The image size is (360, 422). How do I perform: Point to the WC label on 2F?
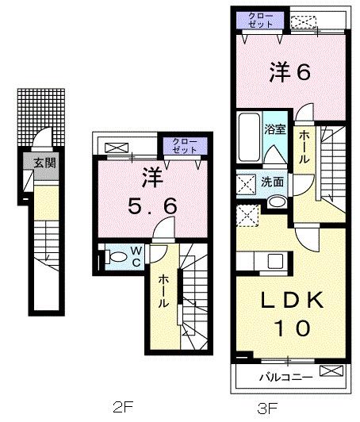(136, 256)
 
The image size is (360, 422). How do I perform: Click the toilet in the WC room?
(116, 256)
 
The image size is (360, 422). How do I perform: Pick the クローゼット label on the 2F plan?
(183, 145)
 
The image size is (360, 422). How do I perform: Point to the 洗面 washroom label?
(274, 182)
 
